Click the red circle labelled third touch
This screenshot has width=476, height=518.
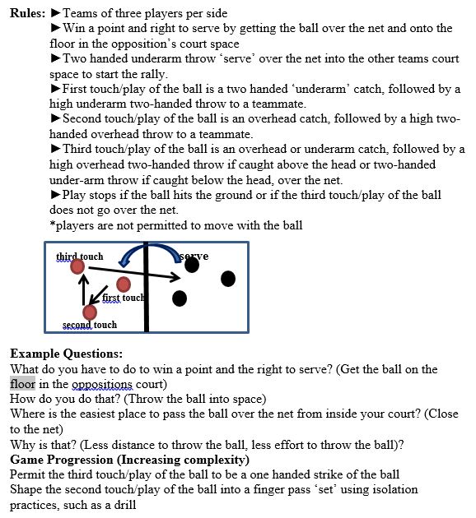pyautogui.click(x=77, y=267)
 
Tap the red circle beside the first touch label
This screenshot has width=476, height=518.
pyautogui.click(x=124, y=284)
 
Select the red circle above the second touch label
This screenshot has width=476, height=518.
pyautogui.click(x=90, y=312)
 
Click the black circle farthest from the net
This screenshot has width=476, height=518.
pyautogui.click(x=228, y=279)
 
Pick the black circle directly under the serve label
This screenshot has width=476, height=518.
pyautogui.click(x=192, y=266)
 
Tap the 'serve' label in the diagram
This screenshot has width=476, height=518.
pyautogui.click(x=194, y=256)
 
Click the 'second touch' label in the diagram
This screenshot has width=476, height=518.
pyautogui.click(x=90, y=325)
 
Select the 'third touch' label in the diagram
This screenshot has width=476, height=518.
pyautogui.click(x=80, y=257)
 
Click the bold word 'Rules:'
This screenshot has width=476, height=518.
pyautogui.click(x=27, y=13)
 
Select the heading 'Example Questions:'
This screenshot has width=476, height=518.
pyautogui.click(x=67, y=353)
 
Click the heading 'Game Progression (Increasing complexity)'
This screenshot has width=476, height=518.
pyautogui.click(x=129, y=459)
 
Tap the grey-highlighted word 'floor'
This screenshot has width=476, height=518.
pyautogui.click(x=23, y=384)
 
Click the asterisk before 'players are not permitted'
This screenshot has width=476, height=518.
pyautogui.click(x=53, y=225)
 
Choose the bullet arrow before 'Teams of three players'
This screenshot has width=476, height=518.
pyautogui.click(x=55, y=13)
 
